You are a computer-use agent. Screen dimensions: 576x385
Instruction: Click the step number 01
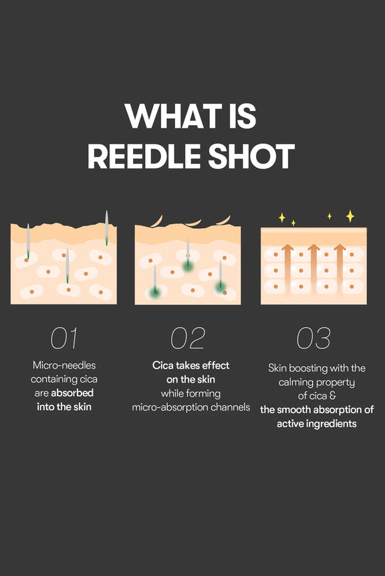tap(64, 339)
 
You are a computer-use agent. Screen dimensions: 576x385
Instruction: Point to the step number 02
tap(188, 339)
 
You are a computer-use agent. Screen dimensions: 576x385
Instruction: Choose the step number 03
tap(313, 339)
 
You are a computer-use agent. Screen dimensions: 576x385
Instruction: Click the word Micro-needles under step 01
tap(63, 365)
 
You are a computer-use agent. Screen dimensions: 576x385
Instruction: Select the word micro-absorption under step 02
tap(170, 407)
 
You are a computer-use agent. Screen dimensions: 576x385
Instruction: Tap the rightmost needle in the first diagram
tap(106, 228)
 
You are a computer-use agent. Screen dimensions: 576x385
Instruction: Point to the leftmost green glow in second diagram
tap(155, 292)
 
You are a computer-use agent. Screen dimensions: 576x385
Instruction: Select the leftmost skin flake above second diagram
tap(156, 221)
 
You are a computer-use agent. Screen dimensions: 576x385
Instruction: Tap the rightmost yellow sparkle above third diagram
tap(350, 215)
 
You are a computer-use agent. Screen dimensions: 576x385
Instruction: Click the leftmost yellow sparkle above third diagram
tap(281, 217)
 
